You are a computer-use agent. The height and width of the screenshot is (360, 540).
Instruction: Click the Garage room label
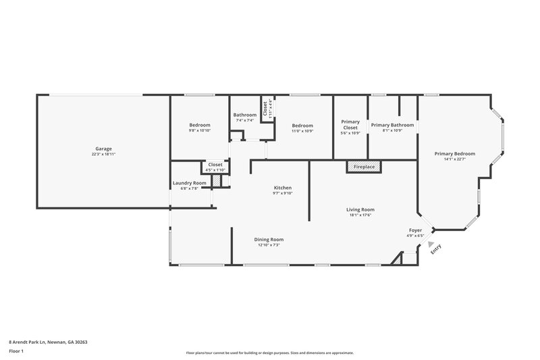click(x=103, y=149)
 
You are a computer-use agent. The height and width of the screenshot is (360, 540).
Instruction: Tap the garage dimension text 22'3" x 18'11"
click(x=103, y=154)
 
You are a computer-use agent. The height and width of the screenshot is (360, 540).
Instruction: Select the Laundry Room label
click(x=189, y=183)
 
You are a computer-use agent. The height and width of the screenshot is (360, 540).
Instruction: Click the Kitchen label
click(x=282, y=187)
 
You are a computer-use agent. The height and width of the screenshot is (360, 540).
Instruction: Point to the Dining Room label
click(x=269, y=239)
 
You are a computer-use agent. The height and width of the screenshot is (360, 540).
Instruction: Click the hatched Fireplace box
click(x=364, y=166)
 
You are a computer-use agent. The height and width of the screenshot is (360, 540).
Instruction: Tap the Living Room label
click(x=360, y=209)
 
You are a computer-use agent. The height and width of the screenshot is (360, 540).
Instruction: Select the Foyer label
click(x=415, y=230)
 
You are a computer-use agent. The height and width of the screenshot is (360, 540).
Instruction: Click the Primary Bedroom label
click(x=459, y=154)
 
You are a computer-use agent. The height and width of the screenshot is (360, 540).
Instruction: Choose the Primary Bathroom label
click(x=392, y=125)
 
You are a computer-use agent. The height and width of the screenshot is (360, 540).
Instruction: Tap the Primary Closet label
click(x=350, y=124)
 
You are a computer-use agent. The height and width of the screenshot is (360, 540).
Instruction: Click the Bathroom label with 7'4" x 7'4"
click(x=244, y=115)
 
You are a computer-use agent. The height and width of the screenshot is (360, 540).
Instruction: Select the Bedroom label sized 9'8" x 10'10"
click(x=200, y=125)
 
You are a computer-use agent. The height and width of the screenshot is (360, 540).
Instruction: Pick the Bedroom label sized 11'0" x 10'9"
click(x=302, y=126)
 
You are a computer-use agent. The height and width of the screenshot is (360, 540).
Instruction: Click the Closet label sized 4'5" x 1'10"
click(x=215, y=164)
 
